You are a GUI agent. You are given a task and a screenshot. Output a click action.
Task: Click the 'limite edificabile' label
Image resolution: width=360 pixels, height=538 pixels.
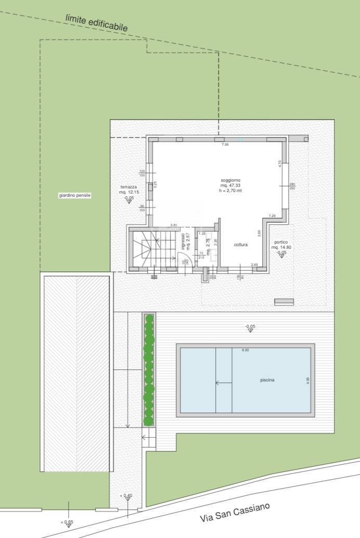96,22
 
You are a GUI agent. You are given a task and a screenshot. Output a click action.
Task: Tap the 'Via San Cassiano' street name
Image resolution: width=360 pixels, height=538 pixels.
236,513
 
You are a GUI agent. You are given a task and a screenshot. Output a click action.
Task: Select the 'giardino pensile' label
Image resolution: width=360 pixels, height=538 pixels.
75,195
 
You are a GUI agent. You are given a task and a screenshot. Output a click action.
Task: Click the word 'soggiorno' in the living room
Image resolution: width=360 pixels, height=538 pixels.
230,180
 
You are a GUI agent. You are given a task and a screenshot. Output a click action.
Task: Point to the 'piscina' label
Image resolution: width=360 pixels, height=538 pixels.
267,380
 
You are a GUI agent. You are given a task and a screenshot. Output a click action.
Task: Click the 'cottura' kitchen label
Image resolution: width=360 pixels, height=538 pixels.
240,245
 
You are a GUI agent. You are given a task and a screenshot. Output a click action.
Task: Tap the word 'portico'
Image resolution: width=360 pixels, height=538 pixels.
280,242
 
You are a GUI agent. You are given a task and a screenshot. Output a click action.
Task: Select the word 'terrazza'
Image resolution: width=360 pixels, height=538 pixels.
128,187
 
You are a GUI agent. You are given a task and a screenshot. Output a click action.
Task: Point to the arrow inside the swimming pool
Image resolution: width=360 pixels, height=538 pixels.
224,383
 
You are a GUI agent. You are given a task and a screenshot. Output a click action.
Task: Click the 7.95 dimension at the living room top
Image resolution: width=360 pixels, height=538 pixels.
225,145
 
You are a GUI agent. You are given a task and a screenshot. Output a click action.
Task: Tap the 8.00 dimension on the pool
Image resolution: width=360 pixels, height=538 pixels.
245,350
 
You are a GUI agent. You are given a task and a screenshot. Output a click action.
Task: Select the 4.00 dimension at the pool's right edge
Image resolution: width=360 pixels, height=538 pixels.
307,380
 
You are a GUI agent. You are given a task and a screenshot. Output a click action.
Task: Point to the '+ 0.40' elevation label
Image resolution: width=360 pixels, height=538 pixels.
126,495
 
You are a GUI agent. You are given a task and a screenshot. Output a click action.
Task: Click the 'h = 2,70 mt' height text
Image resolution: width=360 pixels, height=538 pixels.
230,191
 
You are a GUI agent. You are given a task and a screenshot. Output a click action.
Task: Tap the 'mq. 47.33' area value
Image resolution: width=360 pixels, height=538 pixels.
230,185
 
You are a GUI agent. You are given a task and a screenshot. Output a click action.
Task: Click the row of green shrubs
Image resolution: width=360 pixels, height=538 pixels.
149,369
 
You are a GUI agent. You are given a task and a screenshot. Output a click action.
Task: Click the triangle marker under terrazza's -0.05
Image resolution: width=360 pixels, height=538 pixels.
128,201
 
